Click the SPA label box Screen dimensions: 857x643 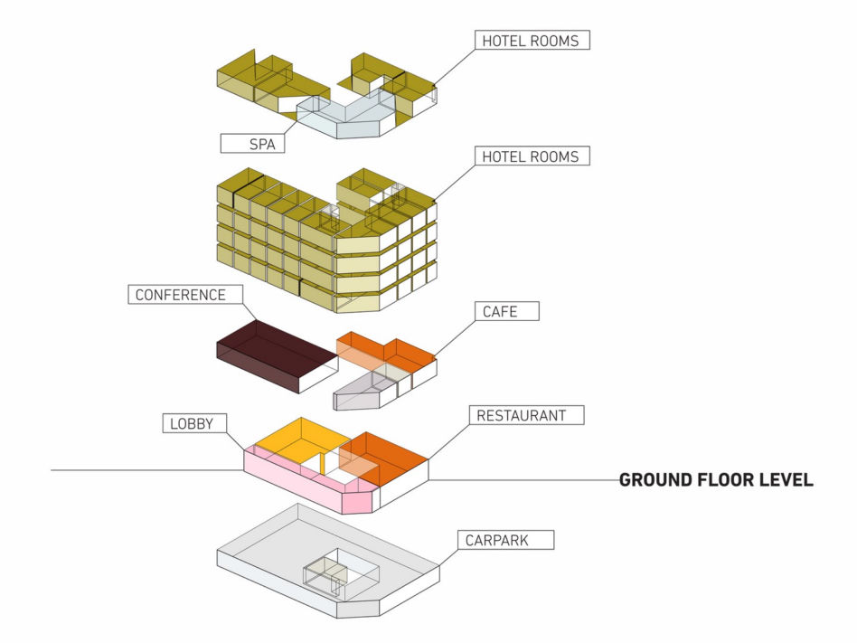tap(252, 143)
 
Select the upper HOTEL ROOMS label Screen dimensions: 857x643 tap(532, 41)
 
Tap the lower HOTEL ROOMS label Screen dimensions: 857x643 tap(532, 156)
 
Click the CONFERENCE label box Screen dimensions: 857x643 tap(185, 294)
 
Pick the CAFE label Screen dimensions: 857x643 tap(506, 311)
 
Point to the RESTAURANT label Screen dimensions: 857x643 tap(526, 415)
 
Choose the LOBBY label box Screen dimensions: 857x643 tap(194, 423)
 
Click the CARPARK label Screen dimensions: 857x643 tap(505, 540)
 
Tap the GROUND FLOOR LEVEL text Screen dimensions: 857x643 tap(716, 479)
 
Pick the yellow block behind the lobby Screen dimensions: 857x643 tap(298, 440)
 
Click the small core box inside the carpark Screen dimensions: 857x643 tap(325, 575)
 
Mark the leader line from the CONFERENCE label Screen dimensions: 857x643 tap(250, 312)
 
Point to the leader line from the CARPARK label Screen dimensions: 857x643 tap(448, 558)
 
